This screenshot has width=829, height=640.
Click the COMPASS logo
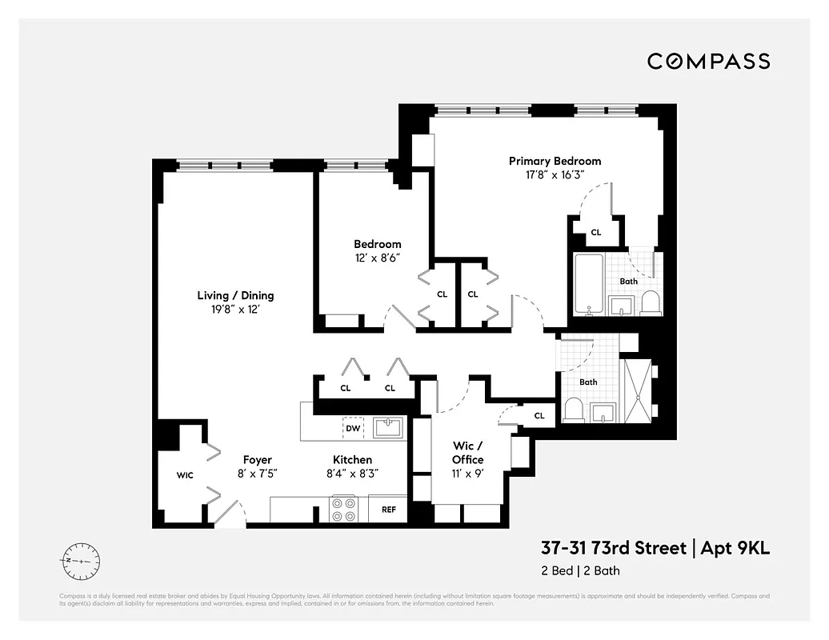708,61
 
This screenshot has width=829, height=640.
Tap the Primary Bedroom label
555,161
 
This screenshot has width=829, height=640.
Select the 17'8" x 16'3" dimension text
555,174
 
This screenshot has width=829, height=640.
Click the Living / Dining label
236,295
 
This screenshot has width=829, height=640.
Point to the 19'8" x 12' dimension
236,309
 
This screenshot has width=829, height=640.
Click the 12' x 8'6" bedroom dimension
378,258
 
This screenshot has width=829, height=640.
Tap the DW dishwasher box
352,429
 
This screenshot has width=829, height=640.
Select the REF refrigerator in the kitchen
389,509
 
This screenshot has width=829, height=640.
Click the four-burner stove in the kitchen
343,509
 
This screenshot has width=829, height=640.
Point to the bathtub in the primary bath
590,284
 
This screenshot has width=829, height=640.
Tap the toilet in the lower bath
574,409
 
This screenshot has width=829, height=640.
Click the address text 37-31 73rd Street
613,549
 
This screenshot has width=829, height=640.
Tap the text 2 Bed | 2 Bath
580,570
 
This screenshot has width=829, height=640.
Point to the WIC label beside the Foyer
185,475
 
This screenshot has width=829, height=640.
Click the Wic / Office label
467,453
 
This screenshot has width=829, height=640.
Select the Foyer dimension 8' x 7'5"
258,473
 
